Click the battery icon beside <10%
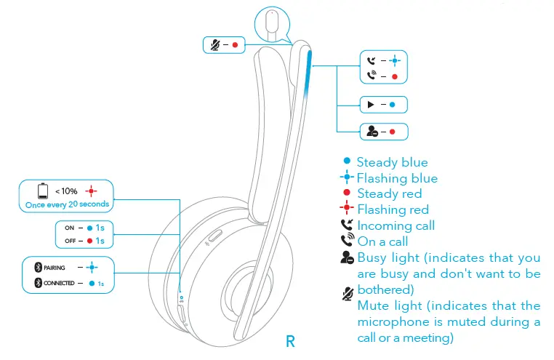(43, 192)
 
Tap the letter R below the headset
(291, 340)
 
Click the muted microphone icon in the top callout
(214, 45)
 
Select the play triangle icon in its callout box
(371, 105)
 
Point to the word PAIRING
(55, 268)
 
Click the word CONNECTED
(59, 283)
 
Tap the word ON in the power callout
(68, 228)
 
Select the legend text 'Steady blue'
(392, 162)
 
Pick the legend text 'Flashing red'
(393, 210)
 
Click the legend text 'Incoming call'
(396, 225)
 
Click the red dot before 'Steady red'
(347, 193)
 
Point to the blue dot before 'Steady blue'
(347, 161)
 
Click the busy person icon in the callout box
(372, 132)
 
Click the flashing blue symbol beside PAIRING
(92, 268)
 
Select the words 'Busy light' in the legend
(388, 258)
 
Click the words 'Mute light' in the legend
(389, 305)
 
